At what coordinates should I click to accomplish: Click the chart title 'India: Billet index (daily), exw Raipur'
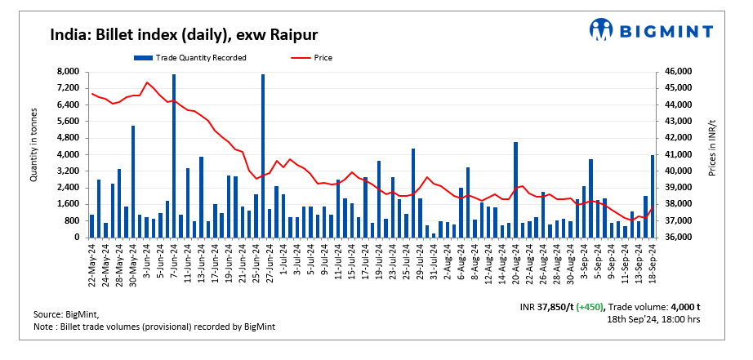(x=184, y=35)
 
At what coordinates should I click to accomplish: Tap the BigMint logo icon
(x=602, y=30)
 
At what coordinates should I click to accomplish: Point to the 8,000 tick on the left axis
(x=67, y=72)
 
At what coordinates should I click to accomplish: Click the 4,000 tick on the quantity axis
(x=67, y=155)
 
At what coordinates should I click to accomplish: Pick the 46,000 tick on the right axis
(x=679, y=72)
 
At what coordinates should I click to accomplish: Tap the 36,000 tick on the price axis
(x=679, y=238)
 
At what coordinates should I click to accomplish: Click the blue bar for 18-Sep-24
(x=653, y=196)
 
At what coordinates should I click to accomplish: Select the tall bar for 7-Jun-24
(x=174, y=156)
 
